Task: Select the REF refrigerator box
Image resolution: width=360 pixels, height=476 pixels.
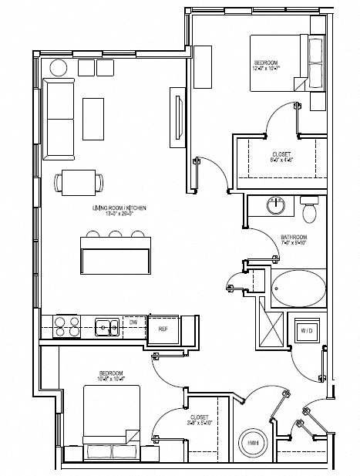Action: (163, 329)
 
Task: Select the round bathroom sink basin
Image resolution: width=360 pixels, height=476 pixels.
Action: (275, 206)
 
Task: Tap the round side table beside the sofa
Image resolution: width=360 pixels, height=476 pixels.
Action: (59, 68)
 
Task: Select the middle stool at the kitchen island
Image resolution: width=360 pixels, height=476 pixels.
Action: (116, 234)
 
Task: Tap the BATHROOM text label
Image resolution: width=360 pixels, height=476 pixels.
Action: (294, 236)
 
